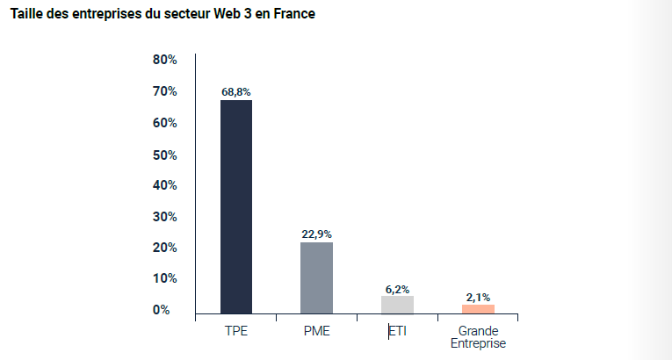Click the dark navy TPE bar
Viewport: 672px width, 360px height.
pos(235,206)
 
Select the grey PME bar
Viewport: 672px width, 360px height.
pos(316,277)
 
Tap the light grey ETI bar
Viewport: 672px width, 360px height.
pos(397,304)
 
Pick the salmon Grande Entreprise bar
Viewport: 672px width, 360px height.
pos(478,308)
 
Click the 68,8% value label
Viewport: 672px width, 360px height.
pos(235,90)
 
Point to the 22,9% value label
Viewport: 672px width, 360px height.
pos(316,234)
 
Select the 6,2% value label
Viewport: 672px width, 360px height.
pos(397,288)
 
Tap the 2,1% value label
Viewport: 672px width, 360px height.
pos(478,298)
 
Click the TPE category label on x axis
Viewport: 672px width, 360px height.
pos(235,332)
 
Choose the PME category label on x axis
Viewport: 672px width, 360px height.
pos(316,332)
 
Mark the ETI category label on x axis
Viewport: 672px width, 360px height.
pos(398,332)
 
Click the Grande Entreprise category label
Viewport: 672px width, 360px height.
pos(478,338)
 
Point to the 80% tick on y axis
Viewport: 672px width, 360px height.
pos(165,60)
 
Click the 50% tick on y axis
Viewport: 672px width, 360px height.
pos(165,155)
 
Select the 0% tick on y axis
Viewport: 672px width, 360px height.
pos(162,310)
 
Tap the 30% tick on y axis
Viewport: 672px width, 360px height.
pos(165,217)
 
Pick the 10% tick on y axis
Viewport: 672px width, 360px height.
pos(165,278)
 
